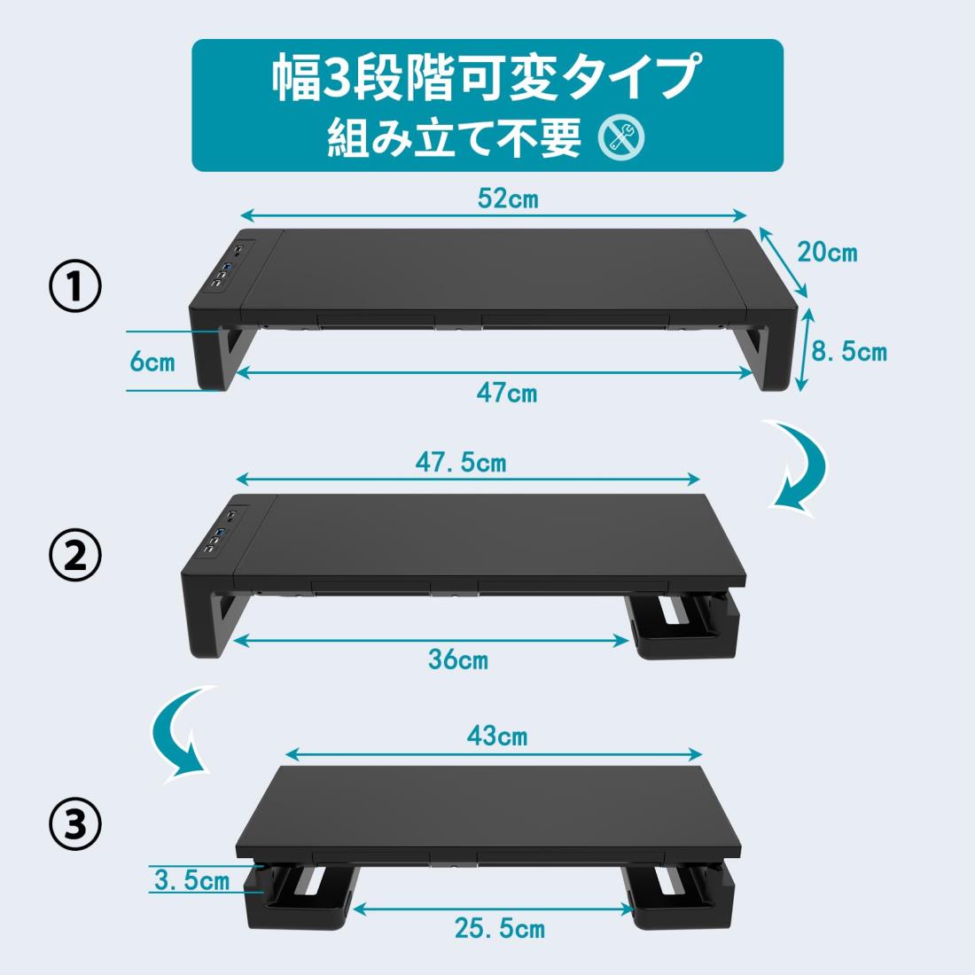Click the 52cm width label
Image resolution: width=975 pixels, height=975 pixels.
point(507,199)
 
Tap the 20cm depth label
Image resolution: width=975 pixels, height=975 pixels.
point(827,253)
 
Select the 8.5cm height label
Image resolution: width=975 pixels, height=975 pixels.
point(849,351)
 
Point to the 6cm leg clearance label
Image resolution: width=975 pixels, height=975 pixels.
point(152,362)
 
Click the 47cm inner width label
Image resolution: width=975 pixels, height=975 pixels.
point(507,393)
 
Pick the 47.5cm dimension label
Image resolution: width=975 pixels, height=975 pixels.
point(461,463)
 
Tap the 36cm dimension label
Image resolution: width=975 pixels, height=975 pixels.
point(458,659)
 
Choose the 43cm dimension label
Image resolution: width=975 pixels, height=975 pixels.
point(497,737)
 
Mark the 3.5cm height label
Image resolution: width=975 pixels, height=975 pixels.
point(191,880)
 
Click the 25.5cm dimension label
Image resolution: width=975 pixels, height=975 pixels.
point(500,928)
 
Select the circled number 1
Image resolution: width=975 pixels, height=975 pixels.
point(74,286)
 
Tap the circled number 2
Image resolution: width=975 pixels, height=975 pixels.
point(74,556)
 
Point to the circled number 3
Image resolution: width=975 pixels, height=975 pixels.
point(74,825)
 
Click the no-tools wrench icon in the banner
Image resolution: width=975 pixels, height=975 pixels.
point(621,137)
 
